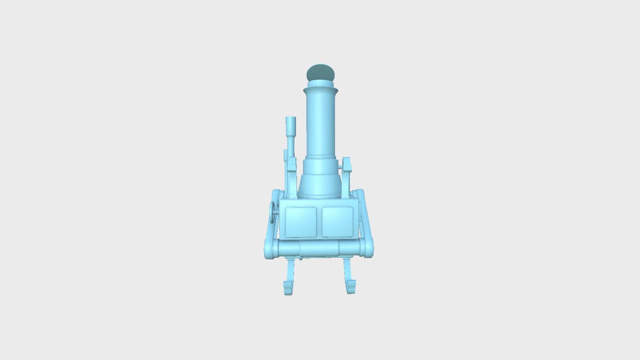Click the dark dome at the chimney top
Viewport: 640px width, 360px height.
coord(320,72)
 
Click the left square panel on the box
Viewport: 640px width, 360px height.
coord(301,222)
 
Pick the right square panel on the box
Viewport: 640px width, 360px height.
coord(337,222)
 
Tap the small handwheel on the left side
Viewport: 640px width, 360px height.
coord(273,212)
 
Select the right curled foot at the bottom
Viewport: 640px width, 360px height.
coord(351,287)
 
